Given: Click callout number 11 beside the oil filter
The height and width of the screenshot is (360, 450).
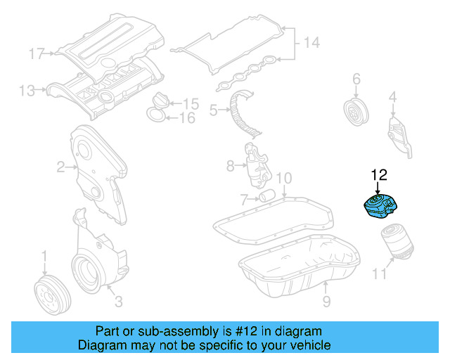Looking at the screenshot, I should [x=379, y=274].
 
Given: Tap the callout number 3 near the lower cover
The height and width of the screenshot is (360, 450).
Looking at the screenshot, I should [x=118, y=302].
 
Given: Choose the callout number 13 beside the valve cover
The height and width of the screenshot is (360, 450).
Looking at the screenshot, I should [x=27, y=90].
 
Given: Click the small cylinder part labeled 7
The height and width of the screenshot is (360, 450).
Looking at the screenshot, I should [x=265, y=195].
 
